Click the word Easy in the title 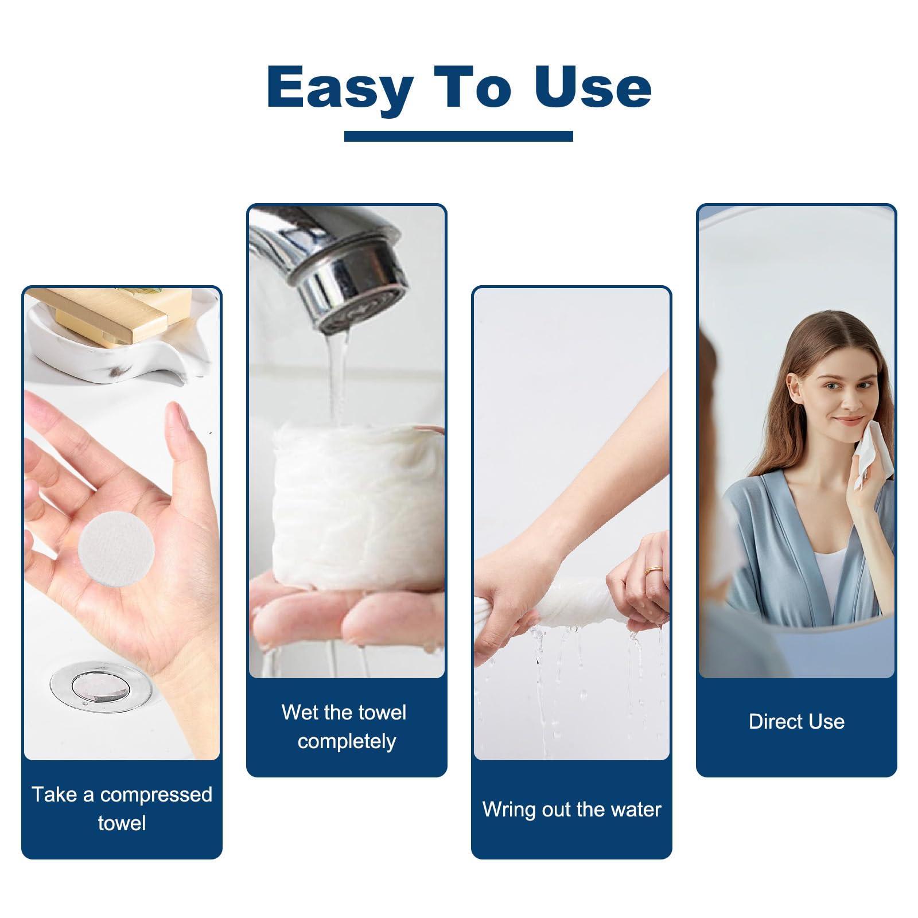click(340, 87)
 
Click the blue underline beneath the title click(458, 136)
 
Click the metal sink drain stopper click(100, 686)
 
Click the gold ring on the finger click(653, 570)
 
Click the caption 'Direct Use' click(796, 721)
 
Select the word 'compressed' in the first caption click(156, 795)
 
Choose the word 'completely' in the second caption click(347, 741)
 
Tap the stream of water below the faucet click(337, 379)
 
